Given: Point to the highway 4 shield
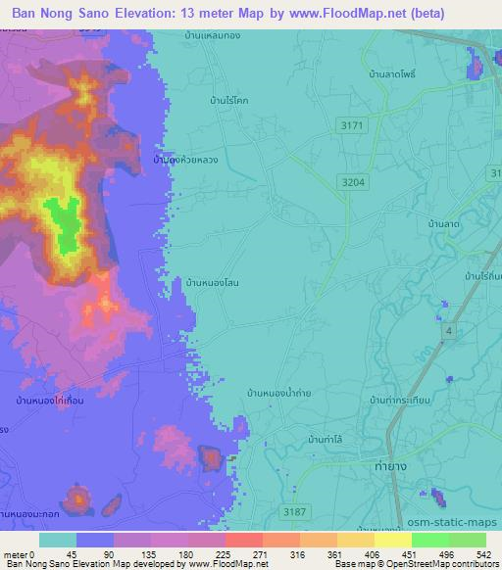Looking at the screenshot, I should click(449, 332).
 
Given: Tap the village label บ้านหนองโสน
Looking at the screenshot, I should click(213, 283).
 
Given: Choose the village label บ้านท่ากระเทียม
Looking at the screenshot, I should click(403, 401).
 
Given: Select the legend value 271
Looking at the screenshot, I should click(232, 554).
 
